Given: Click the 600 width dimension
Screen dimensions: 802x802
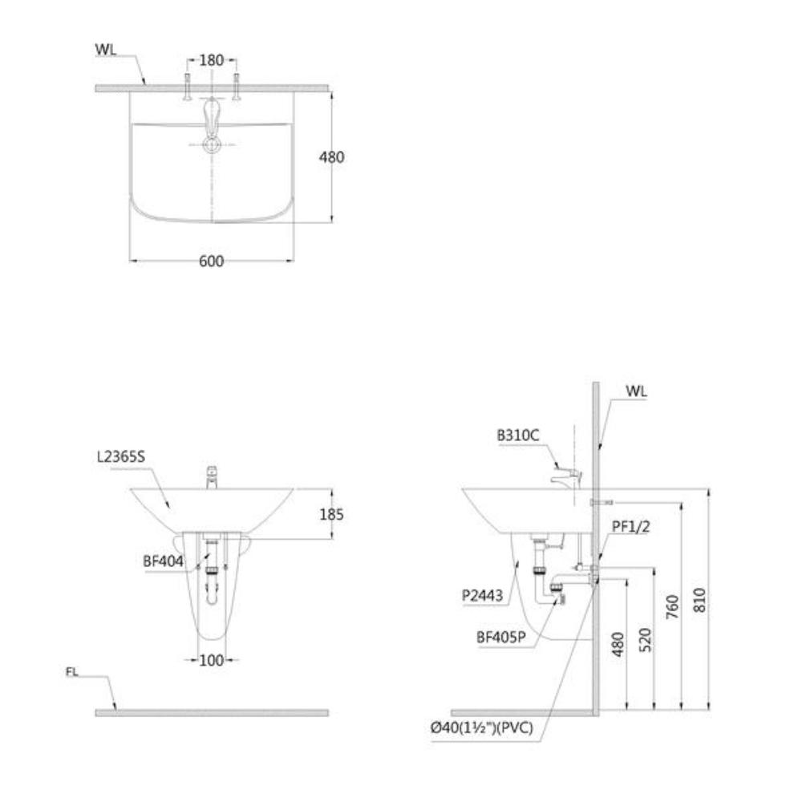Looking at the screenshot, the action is pyautogui.click(x=211, y=261).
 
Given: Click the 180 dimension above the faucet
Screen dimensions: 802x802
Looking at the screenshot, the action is pyautogui.click(x=211, y=60).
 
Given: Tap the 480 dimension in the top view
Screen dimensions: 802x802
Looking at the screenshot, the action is pyautogui.click(x=331, y=157).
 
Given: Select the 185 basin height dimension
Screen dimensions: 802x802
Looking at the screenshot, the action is pyautogui.click(x=331, y=514).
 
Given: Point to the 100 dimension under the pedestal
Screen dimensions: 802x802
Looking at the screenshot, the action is pyautogui.click(x=211, y=660).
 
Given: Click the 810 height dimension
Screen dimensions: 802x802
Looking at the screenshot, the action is pyautogui.click(x=699, y=600).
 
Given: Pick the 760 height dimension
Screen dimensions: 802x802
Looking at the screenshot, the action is pyautogui.click(x=673, y=606).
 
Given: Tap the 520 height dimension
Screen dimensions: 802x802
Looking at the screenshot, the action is pyautogui.click(x=646, y=640).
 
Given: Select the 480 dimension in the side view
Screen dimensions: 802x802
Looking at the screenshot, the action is pyautogui.click(x=618, y=645).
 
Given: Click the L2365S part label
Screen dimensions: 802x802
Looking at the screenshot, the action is pyautogui.click(x=121, y=457).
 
